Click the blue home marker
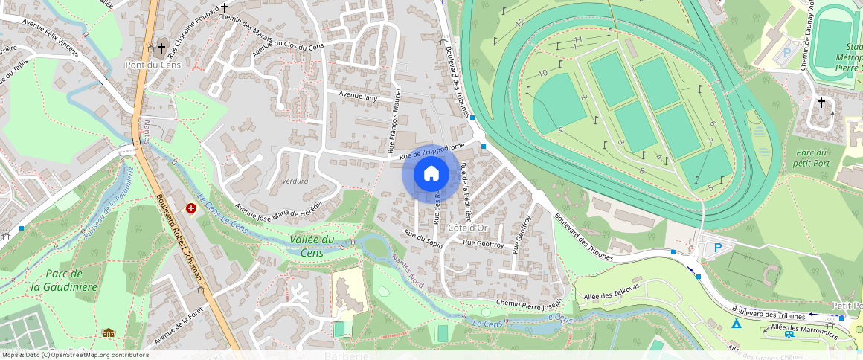tap(431, 175)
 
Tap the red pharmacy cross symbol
tap(191, 209)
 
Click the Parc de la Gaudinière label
tap(64, 280)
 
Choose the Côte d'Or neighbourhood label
tap(468, 227)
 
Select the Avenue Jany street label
tap(359, 96)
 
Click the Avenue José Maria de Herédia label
tap(279, 210)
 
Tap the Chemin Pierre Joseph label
tap(530, 305)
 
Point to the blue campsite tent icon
tap(736, 324)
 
